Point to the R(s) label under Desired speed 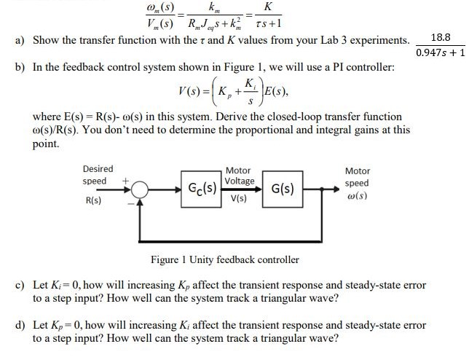(x=93, y=199)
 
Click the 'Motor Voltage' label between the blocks (x=239, y=176)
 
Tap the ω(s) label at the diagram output (x=357, y=197)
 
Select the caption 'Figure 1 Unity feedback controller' (x=224, y=259)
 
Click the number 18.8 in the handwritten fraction (x=441, y=36)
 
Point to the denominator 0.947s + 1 (x=440, y=52)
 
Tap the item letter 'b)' (x=20, y=67)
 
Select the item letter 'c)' (x=20, y=285)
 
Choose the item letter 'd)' (x=20, y=325)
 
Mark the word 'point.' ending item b (x=47, y=145)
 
